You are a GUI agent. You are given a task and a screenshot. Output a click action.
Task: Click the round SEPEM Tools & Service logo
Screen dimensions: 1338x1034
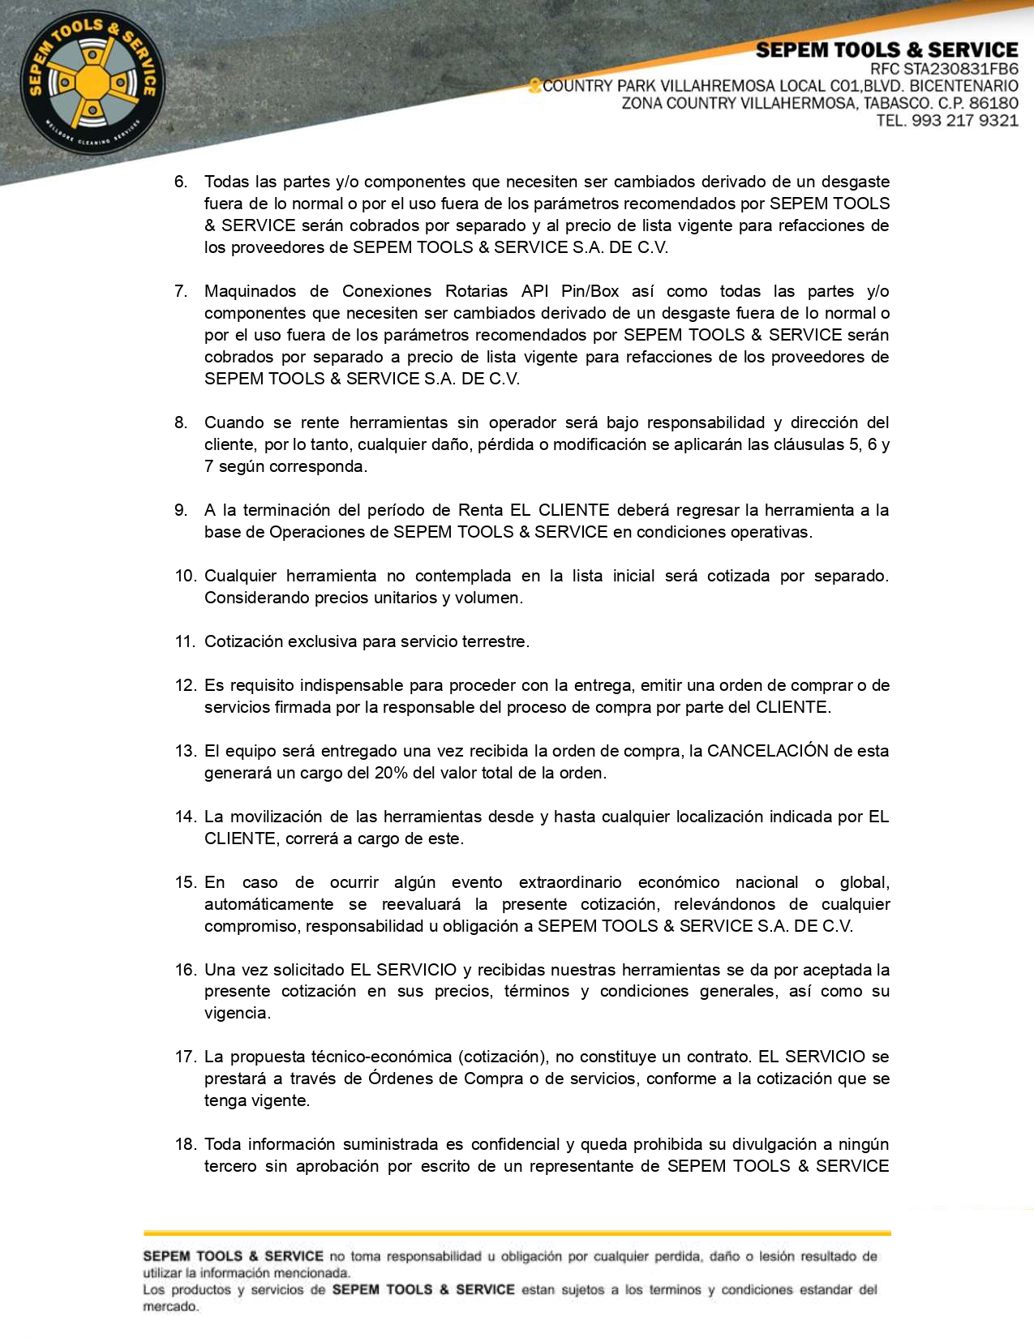92,83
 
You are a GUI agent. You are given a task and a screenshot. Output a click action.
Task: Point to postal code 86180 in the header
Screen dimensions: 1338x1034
993,103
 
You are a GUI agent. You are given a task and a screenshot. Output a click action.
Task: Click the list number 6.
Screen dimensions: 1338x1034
180,182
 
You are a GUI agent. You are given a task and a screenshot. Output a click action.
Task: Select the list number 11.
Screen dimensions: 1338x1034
184,641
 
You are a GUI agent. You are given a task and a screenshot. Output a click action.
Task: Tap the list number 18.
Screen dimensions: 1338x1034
185,1144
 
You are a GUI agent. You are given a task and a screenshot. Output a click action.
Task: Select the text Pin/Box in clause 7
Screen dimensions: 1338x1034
590,291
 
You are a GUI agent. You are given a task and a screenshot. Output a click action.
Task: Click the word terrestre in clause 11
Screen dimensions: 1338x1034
495,641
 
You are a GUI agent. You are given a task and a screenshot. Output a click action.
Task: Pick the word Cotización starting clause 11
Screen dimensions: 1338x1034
243,641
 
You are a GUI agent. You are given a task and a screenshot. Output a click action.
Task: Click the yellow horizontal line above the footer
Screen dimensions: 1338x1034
517,1233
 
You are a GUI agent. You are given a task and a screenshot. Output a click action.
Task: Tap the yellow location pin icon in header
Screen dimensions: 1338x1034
534,85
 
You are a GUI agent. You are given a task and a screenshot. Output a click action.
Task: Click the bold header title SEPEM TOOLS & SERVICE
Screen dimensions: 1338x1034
886,50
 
